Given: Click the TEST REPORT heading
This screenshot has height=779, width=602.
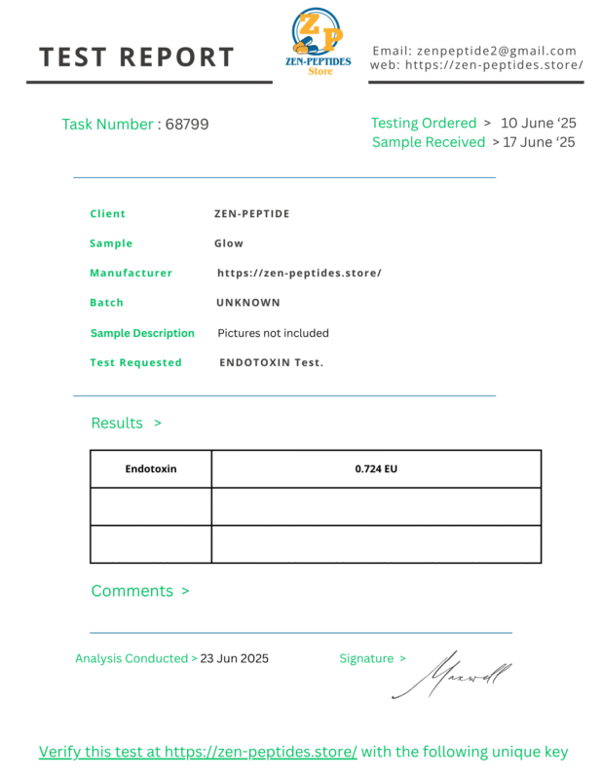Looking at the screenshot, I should (136, 57).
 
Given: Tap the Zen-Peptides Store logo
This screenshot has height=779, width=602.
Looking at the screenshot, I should (320, 42).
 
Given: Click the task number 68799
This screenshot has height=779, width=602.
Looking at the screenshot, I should (187, 125).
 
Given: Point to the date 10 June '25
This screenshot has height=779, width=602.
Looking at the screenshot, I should (538, 124).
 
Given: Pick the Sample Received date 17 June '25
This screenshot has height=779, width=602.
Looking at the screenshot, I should (539, 142).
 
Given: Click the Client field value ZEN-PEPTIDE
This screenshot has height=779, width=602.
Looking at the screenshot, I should (251, 214).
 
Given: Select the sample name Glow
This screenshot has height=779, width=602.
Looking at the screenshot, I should (229, 243).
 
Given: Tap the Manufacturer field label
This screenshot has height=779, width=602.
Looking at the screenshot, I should (131, 274).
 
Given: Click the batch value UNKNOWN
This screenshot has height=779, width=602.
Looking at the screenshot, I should (248, 303).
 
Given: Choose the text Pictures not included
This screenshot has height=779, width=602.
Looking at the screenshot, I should (273, 333).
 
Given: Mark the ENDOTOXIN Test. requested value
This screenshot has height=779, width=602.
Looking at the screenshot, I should (271, 362).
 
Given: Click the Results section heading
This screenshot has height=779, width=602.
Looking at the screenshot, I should (117, 423).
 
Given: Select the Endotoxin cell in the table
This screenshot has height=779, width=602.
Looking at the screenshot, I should (151, 468).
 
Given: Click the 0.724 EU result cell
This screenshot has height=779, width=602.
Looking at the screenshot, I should (376, 468).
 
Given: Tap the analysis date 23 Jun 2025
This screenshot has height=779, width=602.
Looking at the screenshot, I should (234, 658).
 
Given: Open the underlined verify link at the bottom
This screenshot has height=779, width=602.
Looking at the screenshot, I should (198, 752).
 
